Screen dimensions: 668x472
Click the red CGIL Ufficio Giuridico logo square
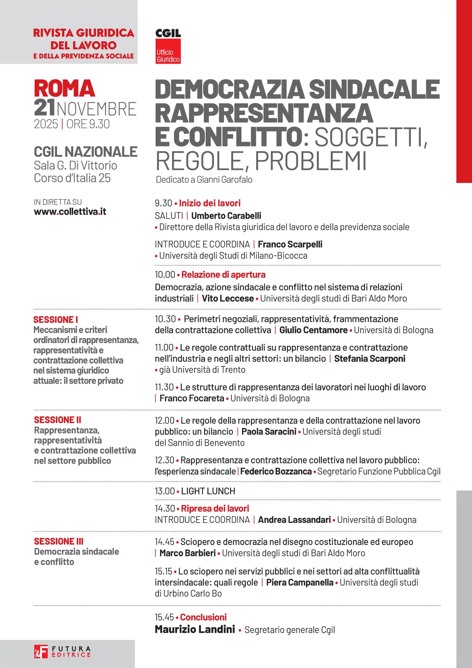168,51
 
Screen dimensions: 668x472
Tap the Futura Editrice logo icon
41,651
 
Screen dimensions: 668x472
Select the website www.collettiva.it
70,212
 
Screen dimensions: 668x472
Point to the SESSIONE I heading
56,319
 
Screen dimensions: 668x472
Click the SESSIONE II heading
57,420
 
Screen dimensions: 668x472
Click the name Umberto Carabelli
226,216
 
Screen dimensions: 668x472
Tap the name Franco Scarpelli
290,244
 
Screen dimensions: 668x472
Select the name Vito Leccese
228,298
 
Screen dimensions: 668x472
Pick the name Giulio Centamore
313,330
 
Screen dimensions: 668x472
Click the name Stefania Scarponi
369,358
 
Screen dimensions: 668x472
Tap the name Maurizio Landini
195,629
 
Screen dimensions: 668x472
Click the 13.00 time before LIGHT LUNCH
164,491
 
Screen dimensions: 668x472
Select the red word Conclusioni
203,617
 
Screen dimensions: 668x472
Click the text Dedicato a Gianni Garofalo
204,180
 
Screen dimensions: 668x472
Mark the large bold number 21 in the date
44,108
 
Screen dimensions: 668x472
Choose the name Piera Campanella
299,582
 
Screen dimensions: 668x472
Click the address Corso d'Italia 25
72,178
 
